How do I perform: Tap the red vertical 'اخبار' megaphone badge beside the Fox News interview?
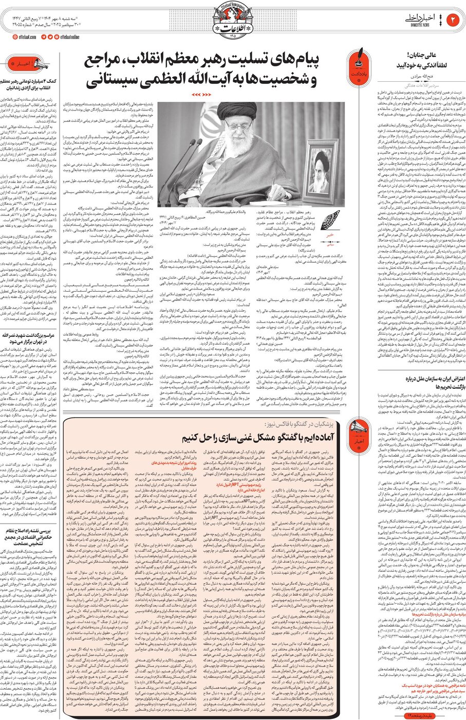tap(357, 432)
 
